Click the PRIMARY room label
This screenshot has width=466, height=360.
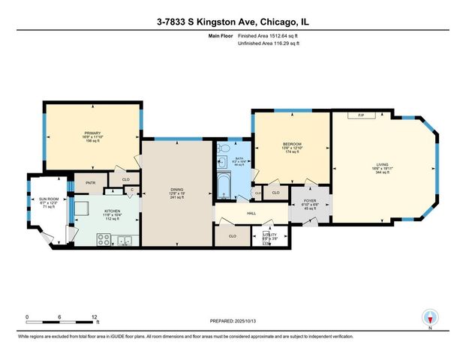[92, 132]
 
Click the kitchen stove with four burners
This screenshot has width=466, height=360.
[104, 240]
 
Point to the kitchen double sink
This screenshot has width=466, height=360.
[125, 240]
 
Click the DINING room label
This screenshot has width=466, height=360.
[177, 191]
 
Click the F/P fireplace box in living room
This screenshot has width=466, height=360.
[361, 115]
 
